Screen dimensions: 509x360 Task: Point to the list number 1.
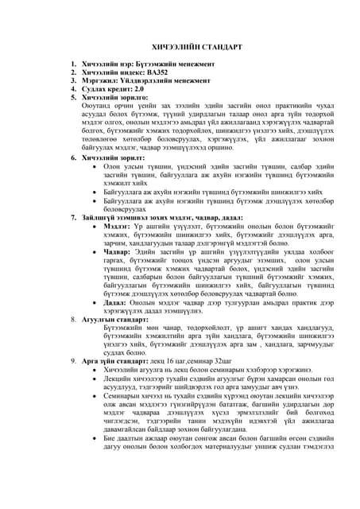coord(73,63)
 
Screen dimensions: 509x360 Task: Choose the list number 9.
coord(73,360)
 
